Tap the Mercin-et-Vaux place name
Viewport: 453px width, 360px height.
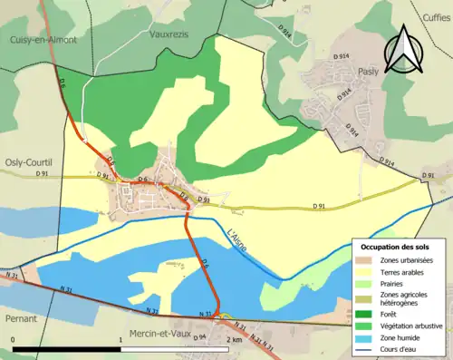pos(156,334)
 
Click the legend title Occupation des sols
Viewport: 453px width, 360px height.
pos(395,248)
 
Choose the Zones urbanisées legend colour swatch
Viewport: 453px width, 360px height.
pos(366,261)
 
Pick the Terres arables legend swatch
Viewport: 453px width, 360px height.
pos(366,273)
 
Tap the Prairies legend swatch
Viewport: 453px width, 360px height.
pos(366,284)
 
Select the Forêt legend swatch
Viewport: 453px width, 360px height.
pos(366,306)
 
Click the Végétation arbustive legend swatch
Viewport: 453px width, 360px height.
pos(366,316)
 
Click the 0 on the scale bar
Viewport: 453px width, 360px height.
pos(14,339)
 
